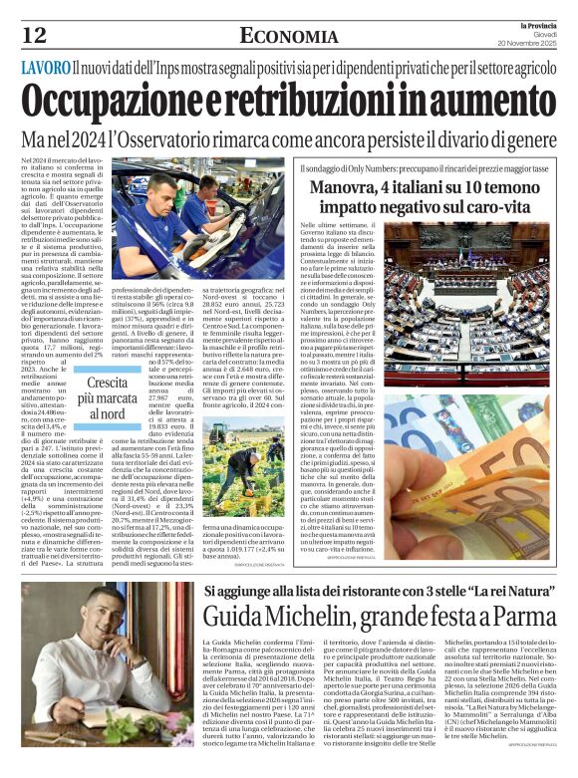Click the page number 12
tap(34, 35)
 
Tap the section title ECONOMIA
tap(288, 37)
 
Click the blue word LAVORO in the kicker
tap(45, 69)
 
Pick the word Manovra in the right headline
tap(371, 187)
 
